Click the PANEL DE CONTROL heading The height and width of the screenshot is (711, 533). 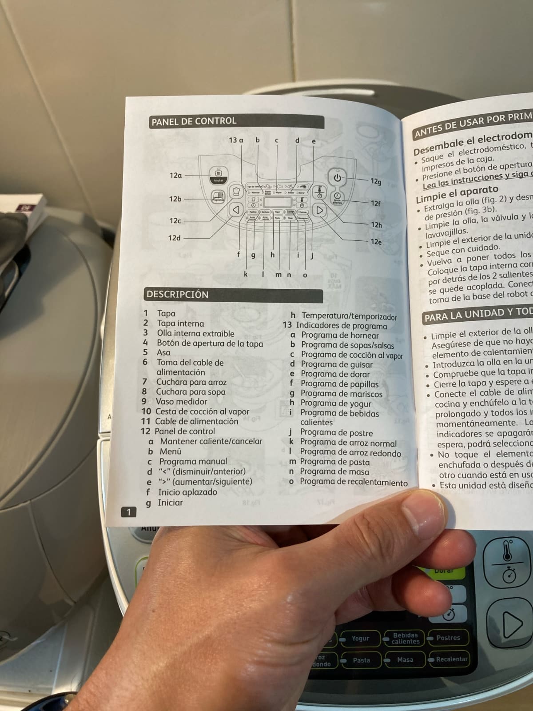pyautogui.click(x=194, y=121)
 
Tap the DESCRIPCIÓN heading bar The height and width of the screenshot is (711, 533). pyautogui.click(x=178, y=294)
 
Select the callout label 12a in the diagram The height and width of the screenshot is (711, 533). pyautogui.click(x=175, y=175)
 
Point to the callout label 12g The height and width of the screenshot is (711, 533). pyautogui.click(x=376, y=181)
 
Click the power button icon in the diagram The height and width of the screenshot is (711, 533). pyautogui.click(x=338, y=178)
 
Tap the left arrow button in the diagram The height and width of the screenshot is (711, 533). pyautogui.click(x=236, y=209)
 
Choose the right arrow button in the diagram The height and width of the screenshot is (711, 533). pyautogui.click(x=319, y=210)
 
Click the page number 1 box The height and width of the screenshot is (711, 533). pyautogui.click(x=128, y=512)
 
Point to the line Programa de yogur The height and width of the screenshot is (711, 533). pyautogui.click(x=335, y=403)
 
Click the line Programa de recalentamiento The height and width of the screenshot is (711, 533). pyautogui.click(x=353, y=482)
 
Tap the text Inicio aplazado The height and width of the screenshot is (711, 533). pyautogui.click(x=187, y=492)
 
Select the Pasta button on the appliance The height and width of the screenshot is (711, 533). pyautogui.click(x=361, y=660)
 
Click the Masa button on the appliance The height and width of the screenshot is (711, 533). pyautogui.click(x=405, y=660)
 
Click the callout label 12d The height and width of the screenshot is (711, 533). pyautogui.click(x=174, y=238)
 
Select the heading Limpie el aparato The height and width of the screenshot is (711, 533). pyautogui.click(x=457, y=193)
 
